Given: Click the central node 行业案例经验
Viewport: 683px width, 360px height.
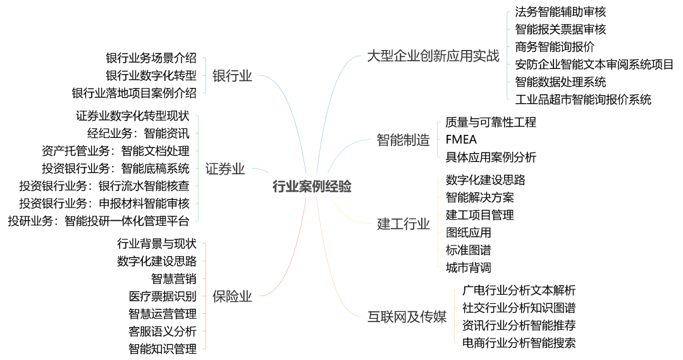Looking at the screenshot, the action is (312, 187).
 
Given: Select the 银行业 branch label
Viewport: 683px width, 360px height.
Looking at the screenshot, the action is (232, 76).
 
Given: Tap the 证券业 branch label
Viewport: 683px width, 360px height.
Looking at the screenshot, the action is (225, 169).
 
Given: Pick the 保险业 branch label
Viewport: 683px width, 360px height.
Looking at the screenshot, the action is (232, 296).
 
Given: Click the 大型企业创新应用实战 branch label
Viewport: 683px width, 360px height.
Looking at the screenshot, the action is (433, 56).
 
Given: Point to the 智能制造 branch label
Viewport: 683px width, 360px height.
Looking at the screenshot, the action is (403, 140).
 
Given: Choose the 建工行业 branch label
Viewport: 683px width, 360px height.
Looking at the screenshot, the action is (403, 224).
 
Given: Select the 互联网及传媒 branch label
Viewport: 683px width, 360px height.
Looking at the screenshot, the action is (407, 317).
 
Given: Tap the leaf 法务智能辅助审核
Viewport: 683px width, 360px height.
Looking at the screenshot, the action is (560, 11).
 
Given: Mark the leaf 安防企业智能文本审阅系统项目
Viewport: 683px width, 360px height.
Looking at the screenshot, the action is (594, 64).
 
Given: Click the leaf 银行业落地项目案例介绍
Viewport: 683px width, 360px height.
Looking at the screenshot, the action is (134, 93).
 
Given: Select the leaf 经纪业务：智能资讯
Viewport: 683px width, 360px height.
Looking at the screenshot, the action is (138, 133).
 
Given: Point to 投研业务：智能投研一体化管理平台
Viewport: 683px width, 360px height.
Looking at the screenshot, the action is (98, 221).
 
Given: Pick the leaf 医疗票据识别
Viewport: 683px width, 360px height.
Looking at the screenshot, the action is (163, 296).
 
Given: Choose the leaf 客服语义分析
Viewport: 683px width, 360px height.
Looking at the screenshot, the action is (163, 331).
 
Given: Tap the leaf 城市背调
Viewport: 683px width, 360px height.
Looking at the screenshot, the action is (468, 268).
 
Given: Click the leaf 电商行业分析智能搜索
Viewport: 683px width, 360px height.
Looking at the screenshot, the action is (519, 343).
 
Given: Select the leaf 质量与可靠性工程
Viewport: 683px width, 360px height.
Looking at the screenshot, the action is (491, 122).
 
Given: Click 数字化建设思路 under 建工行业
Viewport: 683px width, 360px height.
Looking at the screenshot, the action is (485, 180).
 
